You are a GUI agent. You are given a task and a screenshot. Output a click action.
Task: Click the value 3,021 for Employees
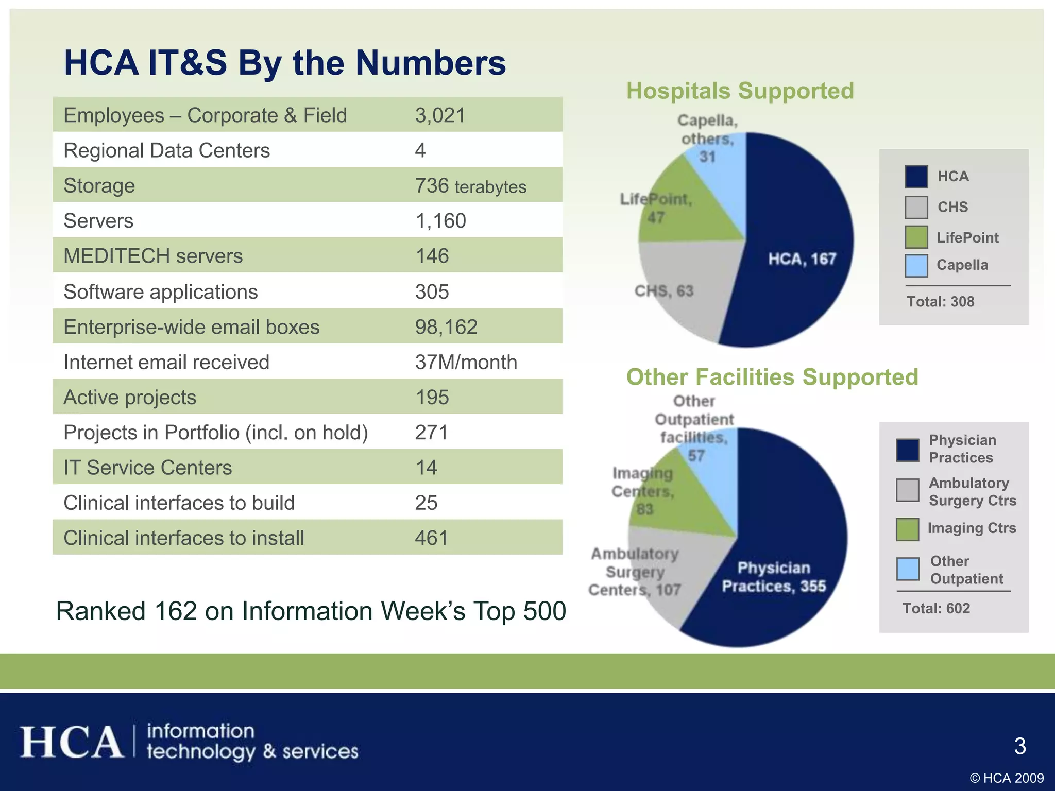coord(440,115)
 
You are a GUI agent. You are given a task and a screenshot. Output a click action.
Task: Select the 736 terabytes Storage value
coord(470,186)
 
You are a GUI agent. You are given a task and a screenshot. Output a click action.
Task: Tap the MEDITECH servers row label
coord(153,256)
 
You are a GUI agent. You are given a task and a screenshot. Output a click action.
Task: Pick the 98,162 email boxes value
coord(446,327)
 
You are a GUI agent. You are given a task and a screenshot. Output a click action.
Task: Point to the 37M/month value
coord(466,362)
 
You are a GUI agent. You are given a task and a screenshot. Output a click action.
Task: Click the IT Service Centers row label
coord(147,468)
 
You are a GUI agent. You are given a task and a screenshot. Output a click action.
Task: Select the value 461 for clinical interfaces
coord(432,538)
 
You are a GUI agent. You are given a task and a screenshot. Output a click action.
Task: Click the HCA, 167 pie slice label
coord(802,259)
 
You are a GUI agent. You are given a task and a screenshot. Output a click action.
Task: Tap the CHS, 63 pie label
coord(663,291)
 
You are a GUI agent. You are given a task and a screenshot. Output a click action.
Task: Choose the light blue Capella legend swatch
coord(916,266)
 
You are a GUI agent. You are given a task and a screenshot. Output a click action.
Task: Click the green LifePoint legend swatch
coord(916,237)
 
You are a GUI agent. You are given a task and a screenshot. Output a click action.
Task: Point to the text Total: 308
coord(940,301)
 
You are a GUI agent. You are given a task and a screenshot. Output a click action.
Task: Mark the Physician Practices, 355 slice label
coord(773,577)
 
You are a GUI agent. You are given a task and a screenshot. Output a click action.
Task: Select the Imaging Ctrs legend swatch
coord(907,529)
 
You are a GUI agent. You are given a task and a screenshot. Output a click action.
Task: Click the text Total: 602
coord(936,608)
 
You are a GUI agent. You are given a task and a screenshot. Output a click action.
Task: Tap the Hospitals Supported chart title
coord(740,91)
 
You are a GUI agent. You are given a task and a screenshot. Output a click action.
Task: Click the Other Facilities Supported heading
coord(772,377)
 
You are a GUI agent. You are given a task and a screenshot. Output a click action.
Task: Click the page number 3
coord(1019,746)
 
